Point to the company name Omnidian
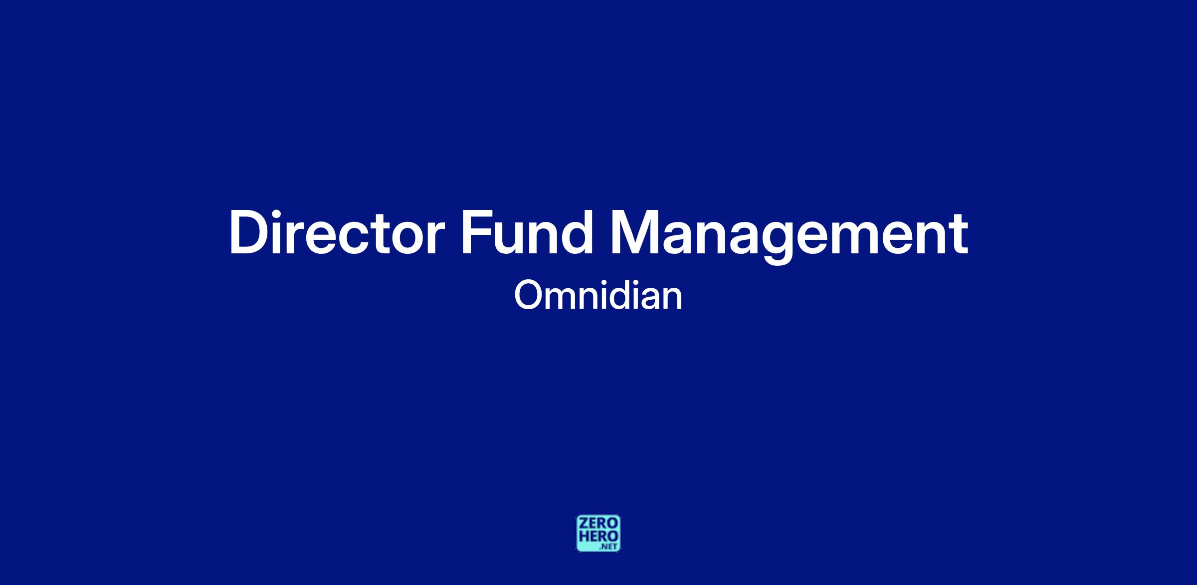(598, 295)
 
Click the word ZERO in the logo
(598, 524)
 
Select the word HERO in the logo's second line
(598, 536)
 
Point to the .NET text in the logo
(609, 547)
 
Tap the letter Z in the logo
(583, 524)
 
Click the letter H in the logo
(584, 536)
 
